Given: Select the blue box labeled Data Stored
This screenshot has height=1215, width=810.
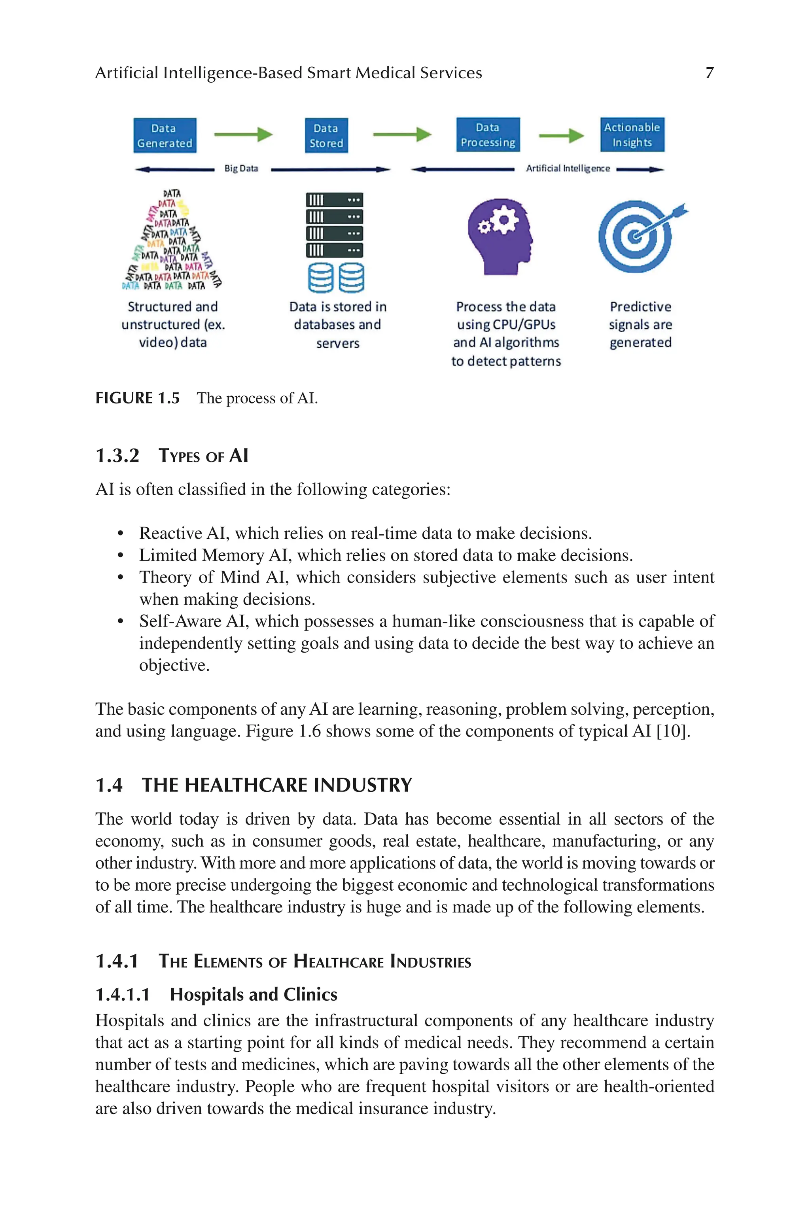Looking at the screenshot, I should (x=326, y=135).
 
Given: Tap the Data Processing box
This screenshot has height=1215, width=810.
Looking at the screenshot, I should (x=488, y=134).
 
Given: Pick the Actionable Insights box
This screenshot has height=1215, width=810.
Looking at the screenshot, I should (x=632, y=134).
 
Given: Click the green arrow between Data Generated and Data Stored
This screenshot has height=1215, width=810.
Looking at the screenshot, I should (x=243, y=134).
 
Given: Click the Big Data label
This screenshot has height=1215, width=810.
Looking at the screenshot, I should (x=241, y=168).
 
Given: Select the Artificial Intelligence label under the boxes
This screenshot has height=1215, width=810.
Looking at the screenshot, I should (x=567, y=168).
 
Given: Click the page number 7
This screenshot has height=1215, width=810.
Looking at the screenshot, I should (x=709, y=73).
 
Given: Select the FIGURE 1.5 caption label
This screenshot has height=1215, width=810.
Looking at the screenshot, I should (x=137, y=398).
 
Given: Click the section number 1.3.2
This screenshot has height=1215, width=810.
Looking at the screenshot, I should (x=117, y=456).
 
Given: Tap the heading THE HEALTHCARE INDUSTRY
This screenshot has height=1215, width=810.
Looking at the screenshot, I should (x=277, y=785).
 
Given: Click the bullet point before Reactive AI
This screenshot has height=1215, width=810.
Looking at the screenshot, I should (x=120, y=534).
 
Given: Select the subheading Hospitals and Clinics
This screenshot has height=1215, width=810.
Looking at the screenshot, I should (x=253, y=994).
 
